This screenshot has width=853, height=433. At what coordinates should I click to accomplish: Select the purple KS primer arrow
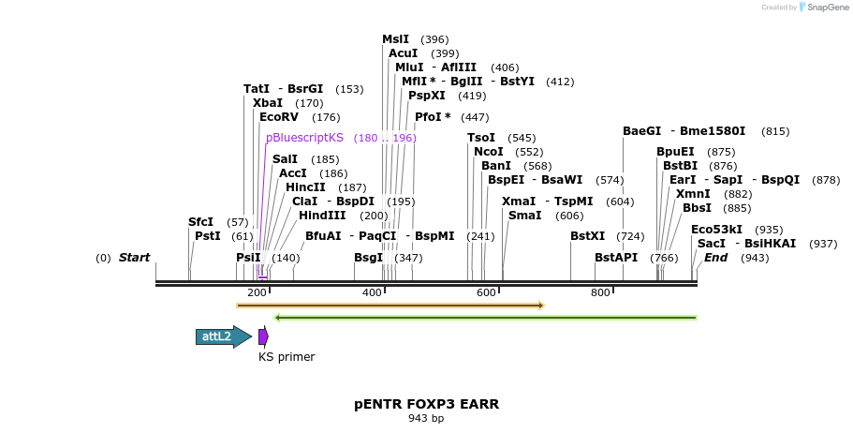pos(264,336)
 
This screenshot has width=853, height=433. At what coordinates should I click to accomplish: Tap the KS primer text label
pos(287,357)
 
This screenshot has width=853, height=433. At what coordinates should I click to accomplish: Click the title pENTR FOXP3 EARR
pos(426,404)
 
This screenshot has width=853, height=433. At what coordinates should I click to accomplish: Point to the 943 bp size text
pos(426,418)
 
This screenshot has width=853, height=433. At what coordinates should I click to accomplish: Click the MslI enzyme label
pos(395,39)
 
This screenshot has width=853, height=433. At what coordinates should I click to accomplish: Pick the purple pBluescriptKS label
pos(304,138)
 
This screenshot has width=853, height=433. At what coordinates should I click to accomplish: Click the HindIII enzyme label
pos(322,216)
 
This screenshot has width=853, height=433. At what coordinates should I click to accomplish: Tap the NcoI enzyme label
pos(489,152)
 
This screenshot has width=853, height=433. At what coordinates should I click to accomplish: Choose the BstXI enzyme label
pos(588,236)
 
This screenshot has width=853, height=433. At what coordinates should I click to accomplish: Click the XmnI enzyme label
pos(693,194)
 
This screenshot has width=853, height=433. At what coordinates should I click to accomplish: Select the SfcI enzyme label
pos(200,222)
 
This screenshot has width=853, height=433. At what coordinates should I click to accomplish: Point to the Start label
pos(134,258)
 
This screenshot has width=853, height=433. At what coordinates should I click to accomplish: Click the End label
pos(716,258)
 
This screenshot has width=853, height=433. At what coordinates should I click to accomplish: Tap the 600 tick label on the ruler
pos(486,293)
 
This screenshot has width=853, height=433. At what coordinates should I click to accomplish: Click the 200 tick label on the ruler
pos(257,293)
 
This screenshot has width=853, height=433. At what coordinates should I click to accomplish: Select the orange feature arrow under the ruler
pos(390,306)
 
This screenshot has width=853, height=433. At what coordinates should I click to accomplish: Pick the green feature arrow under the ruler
pos(485,318)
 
